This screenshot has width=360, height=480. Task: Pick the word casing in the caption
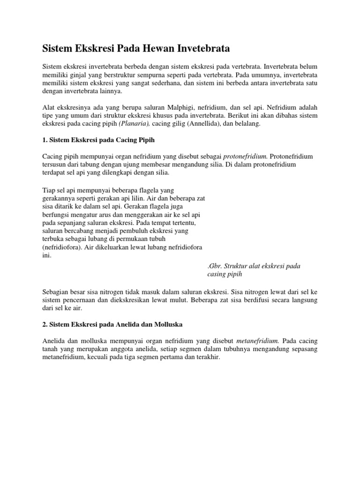pyautogui.click(x=217, y=274)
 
